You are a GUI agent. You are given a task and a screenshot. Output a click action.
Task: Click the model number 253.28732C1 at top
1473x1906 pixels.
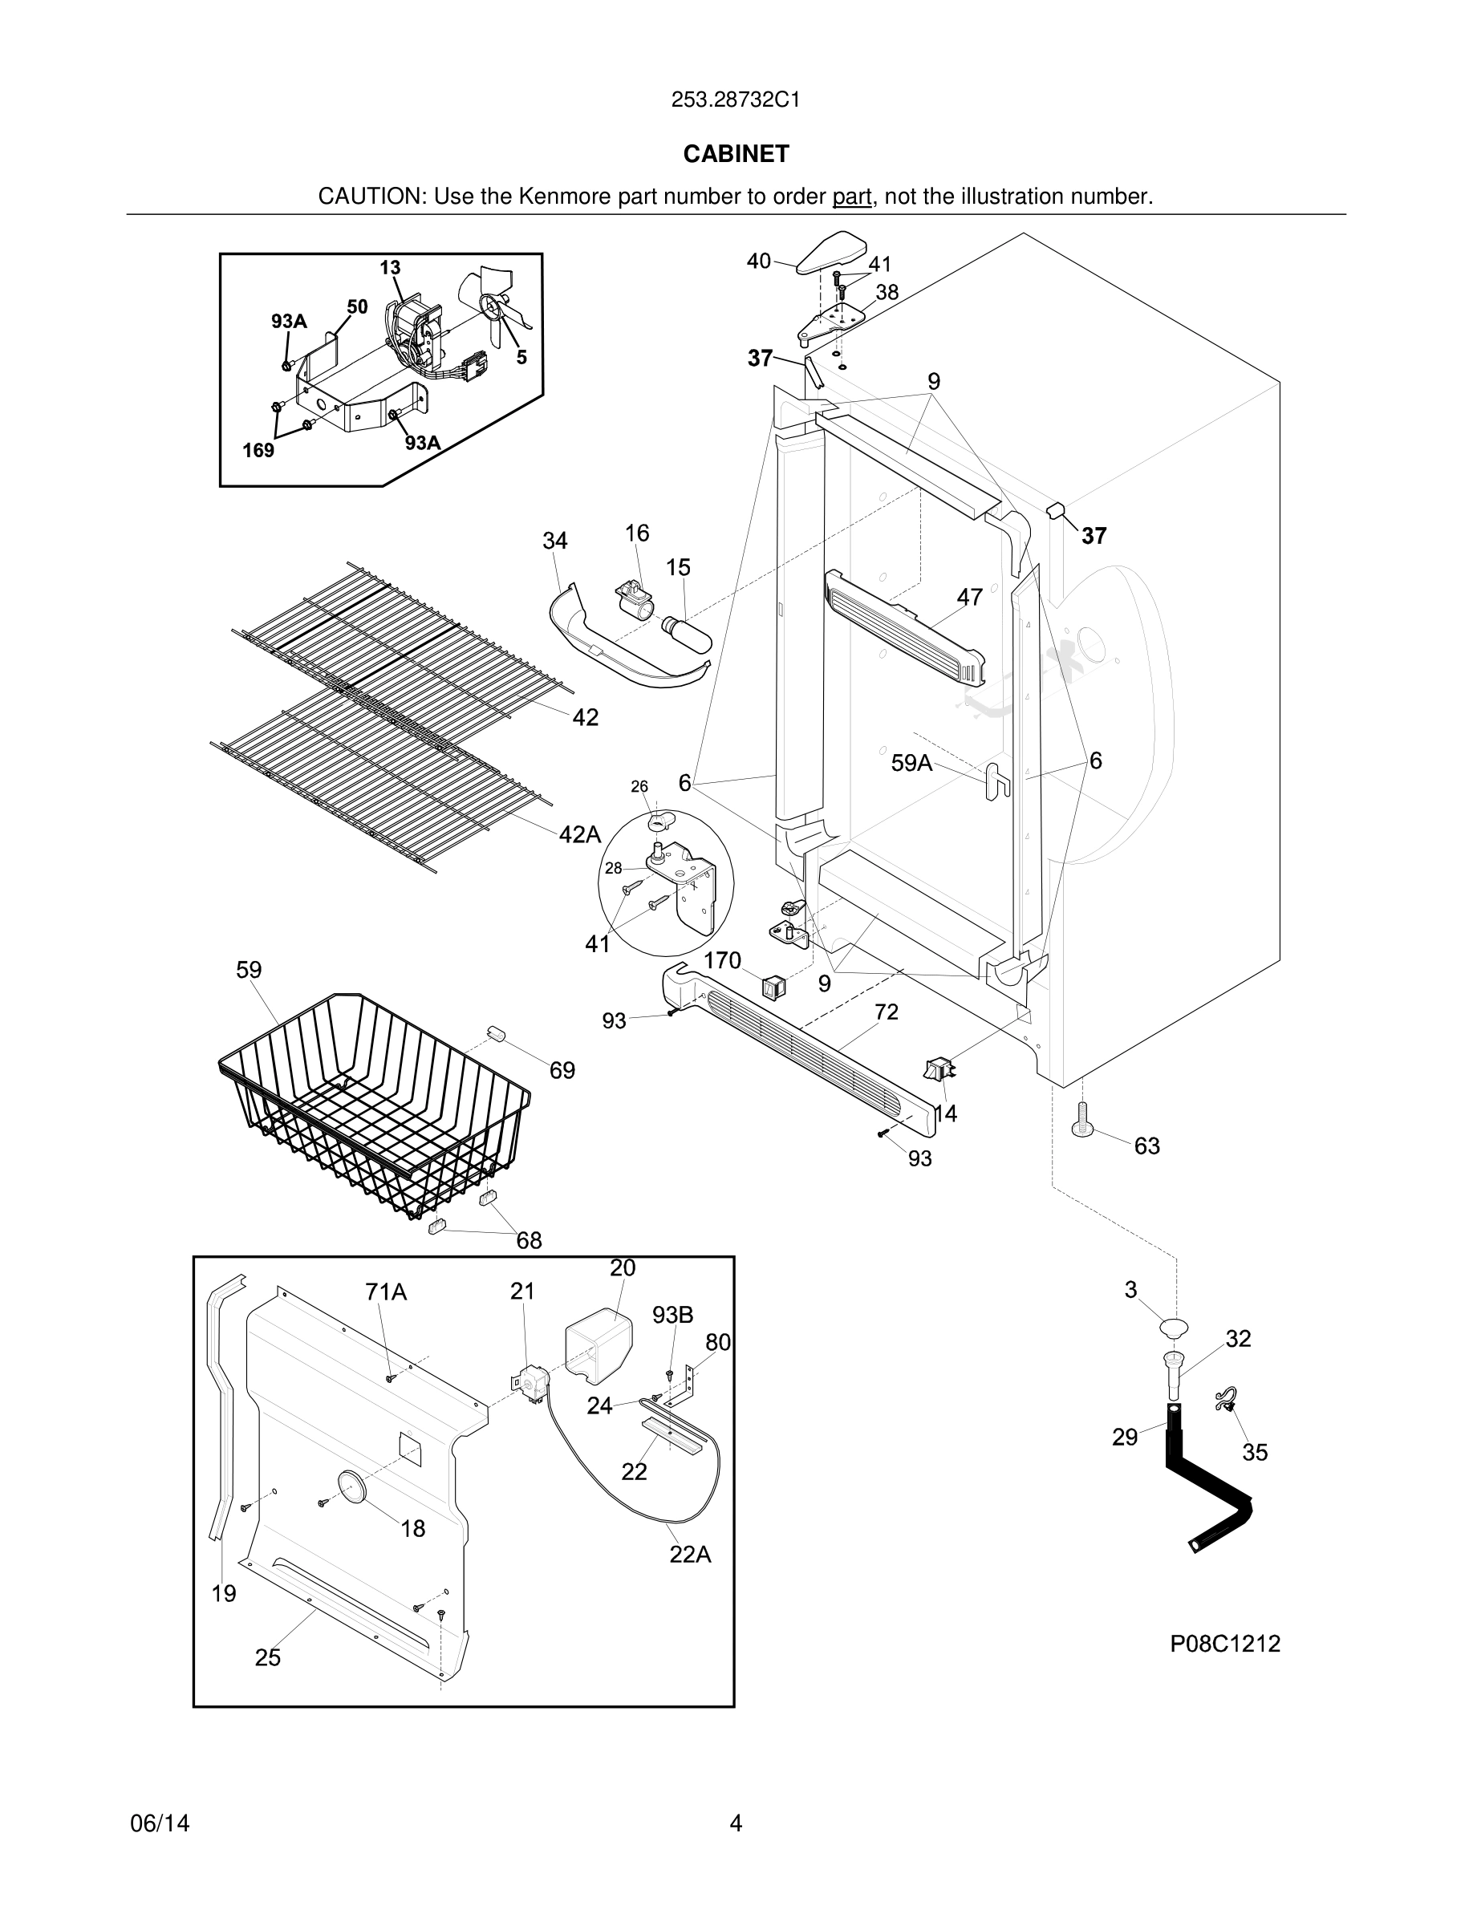click(736, 99)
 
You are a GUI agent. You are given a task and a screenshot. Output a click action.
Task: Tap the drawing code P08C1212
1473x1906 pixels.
click(1224, 1644)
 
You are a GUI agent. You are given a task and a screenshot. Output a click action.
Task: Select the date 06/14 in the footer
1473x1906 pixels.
click(160, 1823)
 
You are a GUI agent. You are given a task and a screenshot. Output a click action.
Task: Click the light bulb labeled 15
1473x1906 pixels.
click(688, 632)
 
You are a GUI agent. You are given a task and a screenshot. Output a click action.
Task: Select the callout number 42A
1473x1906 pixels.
click(579, 834)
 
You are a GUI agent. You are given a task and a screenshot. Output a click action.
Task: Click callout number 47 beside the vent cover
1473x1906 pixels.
click(969, 597)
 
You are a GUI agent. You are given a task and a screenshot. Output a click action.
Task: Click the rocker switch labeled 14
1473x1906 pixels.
click(937, 1069)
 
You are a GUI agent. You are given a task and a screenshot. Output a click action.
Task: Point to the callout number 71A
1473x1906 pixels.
click(387, 1292)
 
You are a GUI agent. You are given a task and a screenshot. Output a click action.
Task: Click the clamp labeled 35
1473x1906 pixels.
click(1227, 1401)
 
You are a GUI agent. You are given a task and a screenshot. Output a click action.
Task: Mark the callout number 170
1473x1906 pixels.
click(723, 961)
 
